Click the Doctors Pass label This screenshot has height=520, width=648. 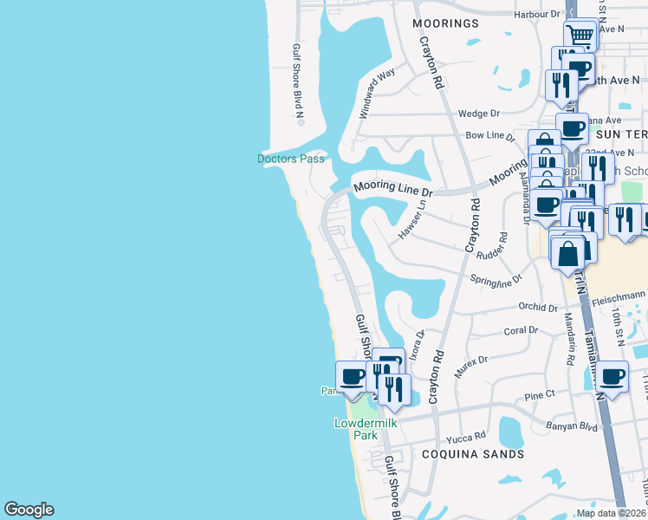tap(291, 159)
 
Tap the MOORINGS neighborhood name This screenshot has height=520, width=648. tap(446, 23)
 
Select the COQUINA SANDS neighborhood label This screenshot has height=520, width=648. tap(473, 453)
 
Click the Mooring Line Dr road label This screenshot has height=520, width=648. tap(392, 189)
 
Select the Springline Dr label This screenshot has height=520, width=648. tap(496, 280)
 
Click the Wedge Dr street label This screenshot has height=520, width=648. tap(479, 114)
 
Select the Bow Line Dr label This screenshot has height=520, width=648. tap(484, 136)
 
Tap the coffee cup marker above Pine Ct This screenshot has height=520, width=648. tap(612, 376)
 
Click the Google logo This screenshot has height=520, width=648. tap(29, 510)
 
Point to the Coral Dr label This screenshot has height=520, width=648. tap(521, 330)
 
